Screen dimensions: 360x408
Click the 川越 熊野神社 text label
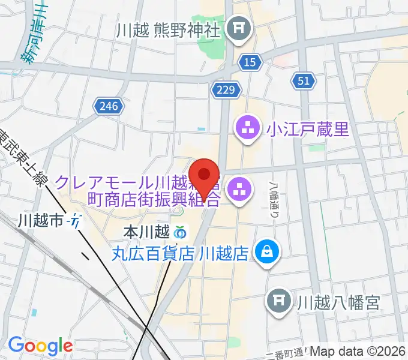click(x=169, y=29)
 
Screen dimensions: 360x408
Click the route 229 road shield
click(x=226, y=89)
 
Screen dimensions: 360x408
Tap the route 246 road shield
click(x=109, y=106)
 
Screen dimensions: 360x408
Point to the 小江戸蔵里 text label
click(x=308, y=129)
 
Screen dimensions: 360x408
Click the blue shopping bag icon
click(x=265, y=252)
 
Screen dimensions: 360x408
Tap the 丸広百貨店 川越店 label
click(x=180, y=253)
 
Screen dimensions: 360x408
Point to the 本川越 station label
click(x=146, y=231)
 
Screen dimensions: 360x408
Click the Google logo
click(x=40, y=346)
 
